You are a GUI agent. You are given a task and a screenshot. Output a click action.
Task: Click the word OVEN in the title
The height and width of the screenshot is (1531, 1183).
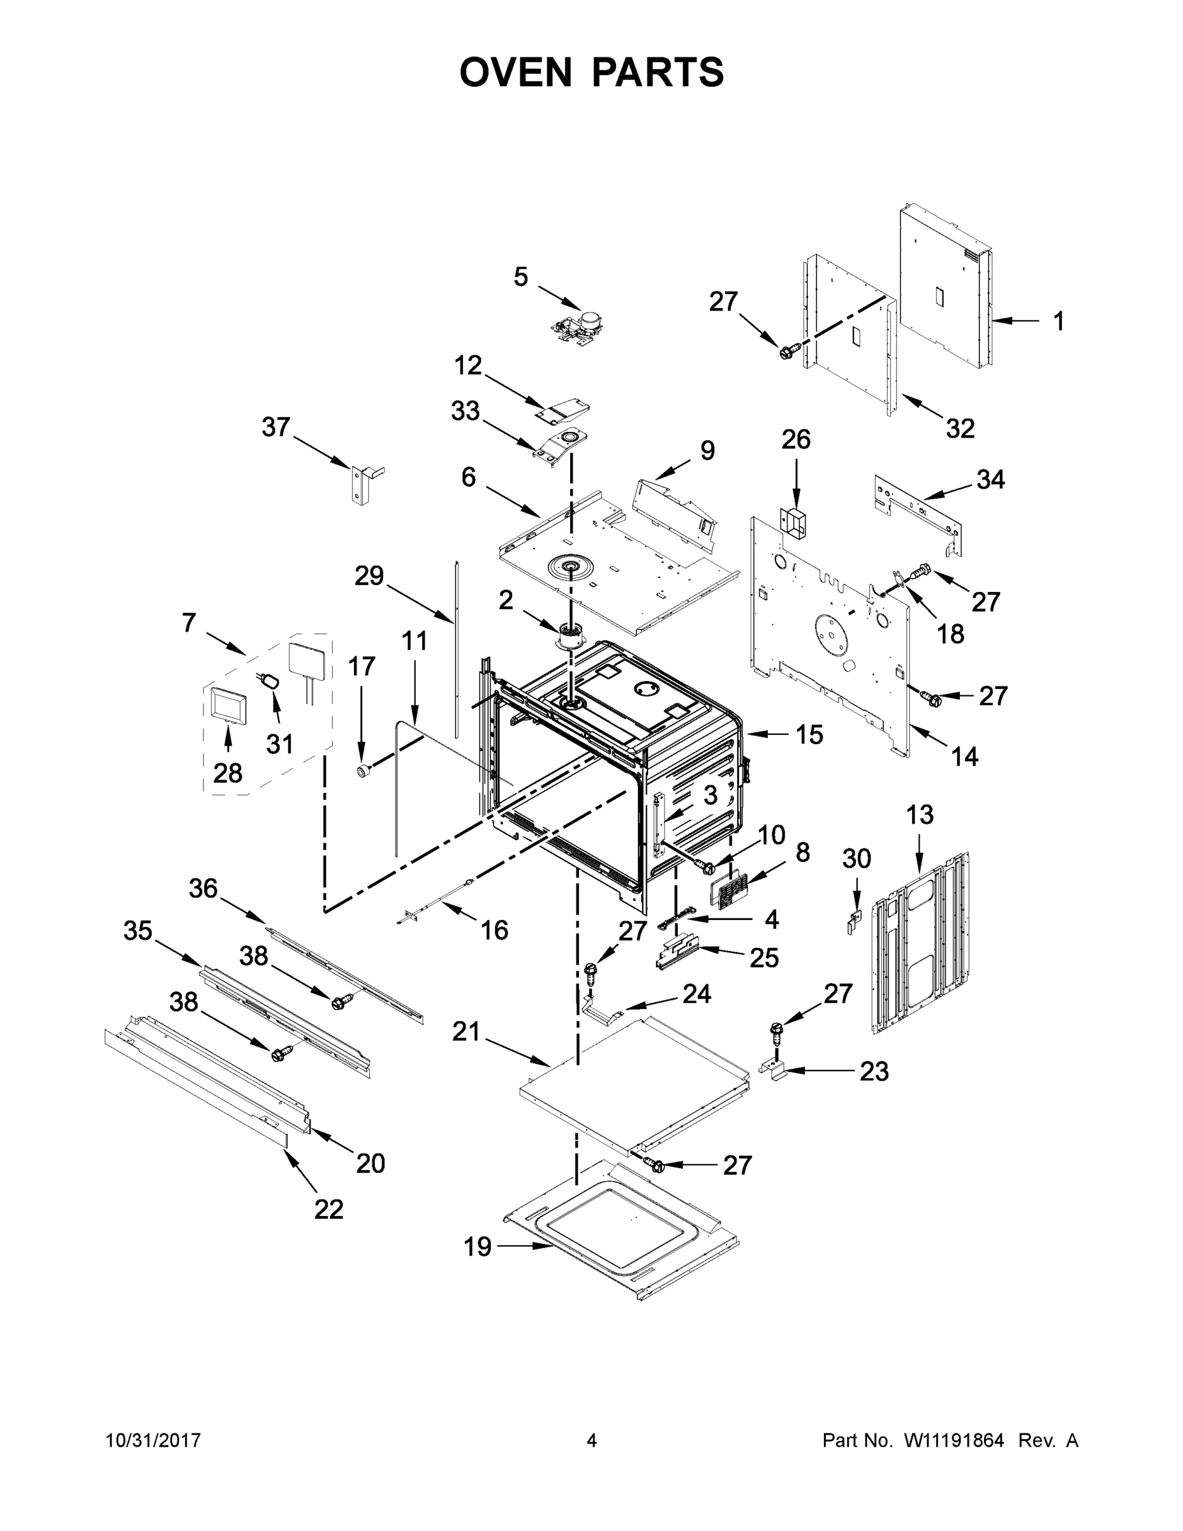pos(516,72)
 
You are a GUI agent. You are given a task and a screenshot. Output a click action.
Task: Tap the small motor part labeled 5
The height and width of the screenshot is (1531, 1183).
pos(579,329)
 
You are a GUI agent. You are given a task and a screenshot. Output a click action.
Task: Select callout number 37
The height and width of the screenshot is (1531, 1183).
pos(276,427)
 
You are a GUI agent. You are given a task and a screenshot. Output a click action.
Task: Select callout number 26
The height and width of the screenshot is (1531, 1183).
pos(795,440)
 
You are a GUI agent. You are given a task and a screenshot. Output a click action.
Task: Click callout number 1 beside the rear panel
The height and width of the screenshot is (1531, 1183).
pos(1058,321)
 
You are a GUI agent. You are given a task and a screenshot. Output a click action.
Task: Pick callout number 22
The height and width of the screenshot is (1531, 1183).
pos(328,1209)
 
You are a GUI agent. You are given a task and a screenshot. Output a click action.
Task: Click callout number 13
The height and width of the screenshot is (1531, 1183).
pos(920,815)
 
